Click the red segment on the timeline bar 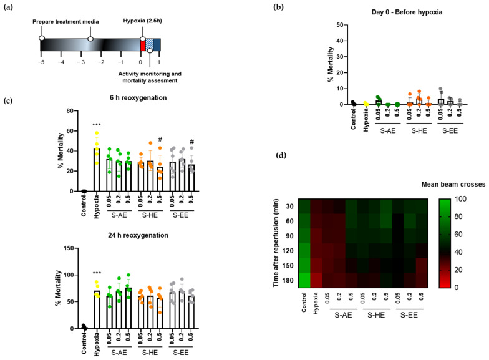[x=143, y=44]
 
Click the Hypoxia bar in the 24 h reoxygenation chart [x=97, y=309]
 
